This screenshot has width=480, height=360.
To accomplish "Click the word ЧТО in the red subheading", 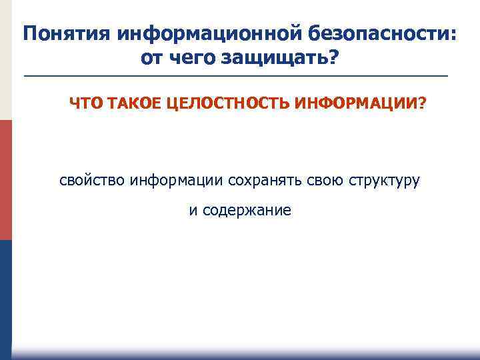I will (83, 104).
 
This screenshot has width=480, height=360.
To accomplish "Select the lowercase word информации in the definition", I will (177, 180).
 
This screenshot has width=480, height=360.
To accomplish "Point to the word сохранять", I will (265, 180).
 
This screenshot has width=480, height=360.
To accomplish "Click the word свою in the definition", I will (325, 180).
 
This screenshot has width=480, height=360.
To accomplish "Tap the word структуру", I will (383, 181).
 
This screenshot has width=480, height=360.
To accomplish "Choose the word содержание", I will (247, 211).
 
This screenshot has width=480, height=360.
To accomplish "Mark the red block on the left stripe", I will (5, 180).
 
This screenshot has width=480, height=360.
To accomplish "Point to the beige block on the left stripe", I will (5, 60).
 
